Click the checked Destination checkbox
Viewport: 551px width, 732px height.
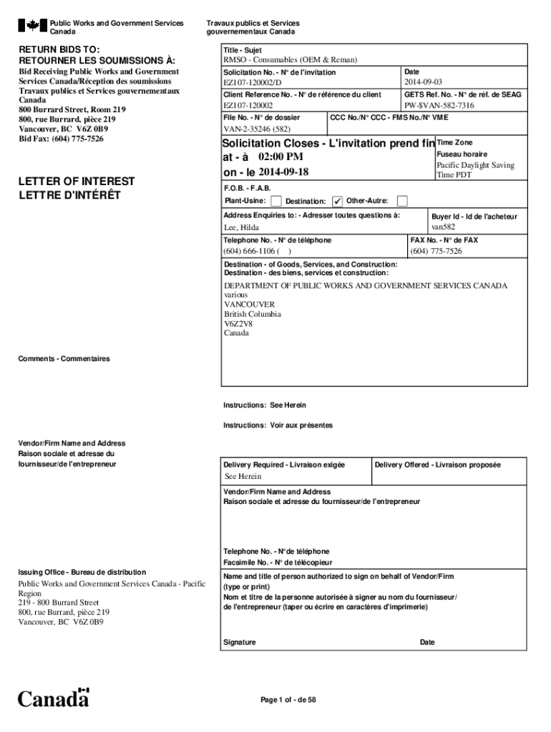[338, 201]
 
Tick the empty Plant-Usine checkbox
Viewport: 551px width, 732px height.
[276, 201]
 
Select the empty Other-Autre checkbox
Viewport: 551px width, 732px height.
[402, 201]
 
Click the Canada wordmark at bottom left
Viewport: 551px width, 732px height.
[54, 698]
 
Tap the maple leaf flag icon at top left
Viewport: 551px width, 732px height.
[32, 26]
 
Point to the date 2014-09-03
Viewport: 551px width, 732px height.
[423, 83]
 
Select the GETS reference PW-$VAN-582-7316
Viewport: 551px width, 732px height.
[439, 105]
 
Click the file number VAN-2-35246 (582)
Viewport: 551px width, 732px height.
[257, 129]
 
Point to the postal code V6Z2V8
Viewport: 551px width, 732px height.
[238, 324]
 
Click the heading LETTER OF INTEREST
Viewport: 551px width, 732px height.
[77, 182]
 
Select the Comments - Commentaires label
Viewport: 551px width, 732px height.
[64, 358]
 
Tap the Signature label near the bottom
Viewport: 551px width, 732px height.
[239, 642]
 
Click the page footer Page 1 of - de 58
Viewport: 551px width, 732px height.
[288, 700]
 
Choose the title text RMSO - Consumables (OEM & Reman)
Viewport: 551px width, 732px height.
[290, 60]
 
